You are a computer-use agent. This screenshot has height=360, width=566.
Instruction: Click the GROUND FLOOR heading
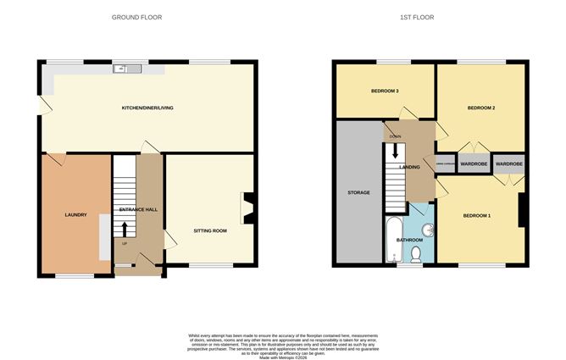137,17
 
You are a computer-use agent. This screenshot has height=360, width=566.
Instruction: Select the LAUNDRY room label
76,215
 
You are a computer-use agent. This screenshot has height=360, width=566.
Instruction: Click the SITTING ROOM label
210,230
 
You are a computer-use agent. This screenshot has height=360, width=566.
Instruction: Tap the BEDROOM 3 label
385,91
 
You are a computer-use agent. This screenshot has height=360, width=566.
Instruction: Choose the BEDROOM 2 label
480,108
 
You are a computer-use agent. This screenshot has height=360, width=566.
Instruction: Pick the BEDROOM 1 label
477,216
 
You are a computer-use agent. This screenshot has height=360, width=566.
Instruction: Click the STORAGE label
358,193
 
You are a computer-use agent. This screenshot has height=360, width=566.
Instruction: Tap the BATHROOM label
412,240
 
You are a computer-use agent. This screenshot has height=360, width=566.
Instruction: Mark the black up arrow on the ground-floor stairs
125,229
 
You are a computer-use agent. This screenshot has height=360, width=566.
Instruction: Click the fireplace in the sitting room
247,207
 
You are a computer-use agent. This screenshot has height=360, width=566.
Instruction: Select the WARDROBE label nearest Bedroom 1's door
508,163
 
